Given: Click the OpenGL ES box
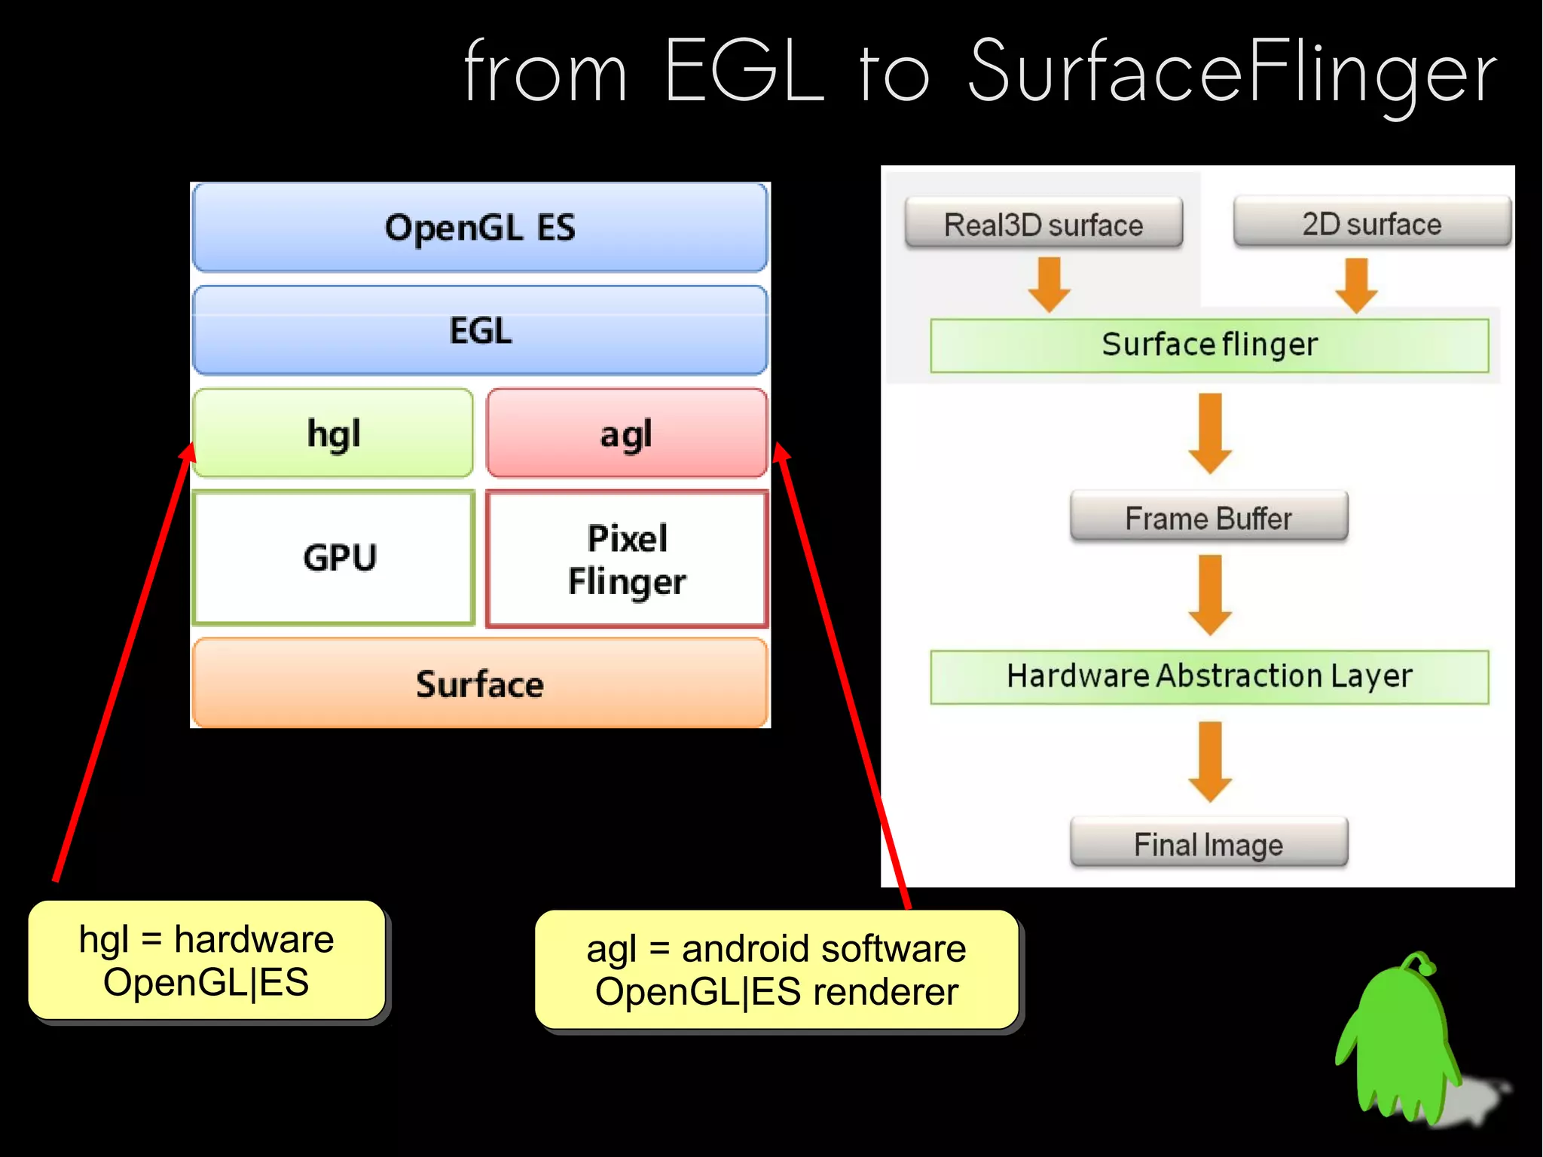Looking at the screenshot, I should coord(480,227).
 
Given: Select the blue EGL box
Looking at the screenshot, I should coord(480,330).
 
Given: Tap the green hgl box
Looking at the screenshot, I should coord(333,433).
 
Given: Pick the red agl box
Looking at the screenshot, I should coord(626,433).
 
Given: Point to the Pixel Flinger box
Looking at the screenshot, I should coord(626,559).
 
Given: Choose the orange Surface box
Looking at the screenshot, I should coord(480,684).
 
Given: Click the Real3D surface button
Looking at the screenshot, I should coord(1043,224).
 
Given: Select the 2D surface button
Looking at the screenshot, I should coord(1371,222).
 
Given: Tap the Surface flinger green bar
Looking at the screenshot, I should coord(1209,345).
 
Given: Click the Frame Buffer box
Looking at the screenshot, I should coord(1208,517).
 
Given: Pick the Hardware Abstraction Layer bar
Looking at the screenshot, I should coord(1209,676).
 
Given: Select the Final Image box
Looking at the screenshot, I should coord(1208,843).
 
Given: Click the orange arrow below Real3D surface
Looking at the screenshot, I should coord(1049,284).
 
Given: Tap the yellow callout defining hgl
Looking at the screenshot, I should coord(206,960).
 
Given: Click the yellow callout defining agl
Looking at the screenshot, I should coord(776,970).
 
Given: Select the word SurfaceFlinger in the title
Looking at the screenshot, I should coord(1233,72).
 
